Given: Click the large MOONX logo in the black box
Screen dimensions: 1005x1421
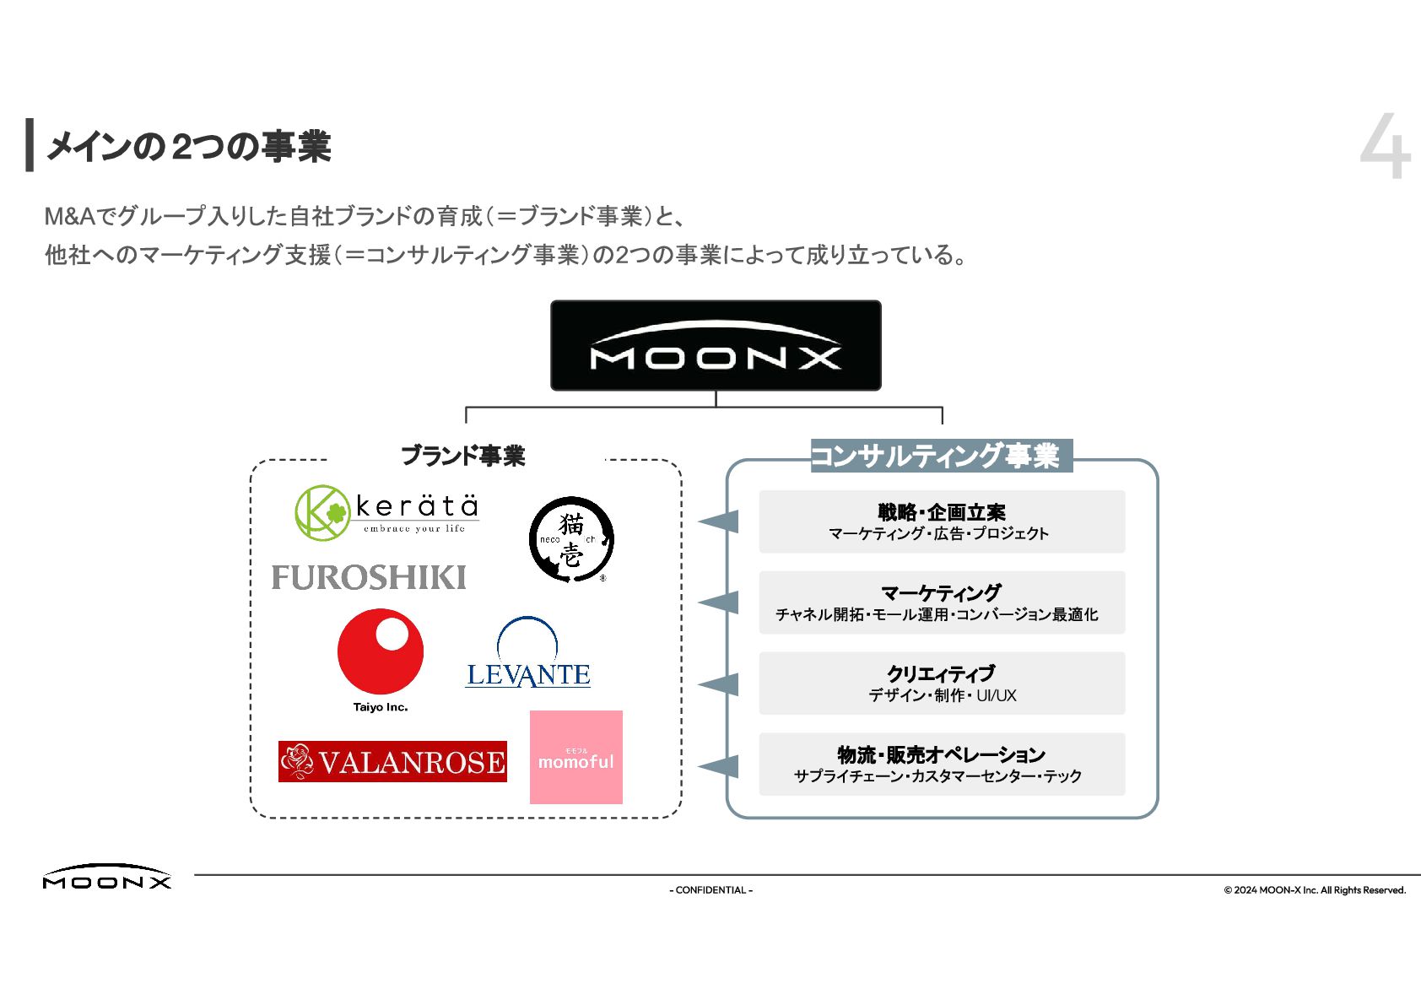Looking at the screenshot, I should point(716,345).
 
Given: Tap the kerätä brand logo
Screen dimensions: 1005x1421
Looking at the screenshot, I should point(387,512).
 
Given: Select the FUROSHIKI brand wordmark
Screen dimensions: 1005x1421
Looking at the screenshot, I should point(369,577).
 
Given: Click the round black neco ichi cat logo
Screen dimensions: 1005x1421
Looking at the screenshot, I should point(571,539).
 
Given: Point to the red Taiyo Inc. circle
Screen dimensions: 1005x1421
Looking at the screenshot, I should point(381,651).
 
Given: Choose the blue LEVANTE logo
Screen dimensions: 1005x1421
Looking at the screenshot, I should point(528,654).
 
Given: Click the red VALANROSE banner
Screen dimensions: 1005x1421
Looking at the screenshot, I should point(392,761).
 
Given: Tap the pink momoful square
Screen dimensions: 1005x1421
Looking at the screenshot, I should point(576,757).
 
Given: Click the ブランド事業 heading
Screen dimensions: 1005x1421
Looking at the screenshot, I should point(462,456).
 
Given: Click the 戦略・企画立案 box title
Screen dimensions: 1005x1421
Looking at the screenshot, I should point(942,511).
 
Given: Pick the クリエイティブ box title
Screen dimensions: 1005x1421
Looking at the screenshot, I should point(941,673).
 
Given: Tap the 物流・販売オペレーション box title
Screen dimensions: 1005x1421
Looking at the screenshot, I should point(941,754).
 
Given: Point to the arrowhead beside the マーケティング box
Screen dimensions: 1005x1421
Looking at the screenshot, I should point(721,602).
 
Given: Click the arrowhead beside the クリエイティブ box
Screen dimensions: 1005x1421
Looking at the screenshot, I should point(721,684).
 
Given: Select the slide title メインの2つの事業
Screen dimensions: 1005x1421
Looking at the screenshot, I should point(188,147).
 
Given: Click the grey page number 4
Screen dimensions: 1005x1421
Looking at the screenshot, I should point(1385,147).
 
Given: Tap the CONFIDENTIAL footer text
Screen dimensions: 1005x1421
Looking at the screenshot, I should point(710,889).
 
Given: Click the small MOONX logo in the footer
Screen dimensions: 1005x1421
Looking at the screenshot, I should point(107,877).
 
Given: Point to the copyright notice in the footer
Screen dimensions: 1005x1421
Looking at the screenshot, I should point(1314,889).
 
